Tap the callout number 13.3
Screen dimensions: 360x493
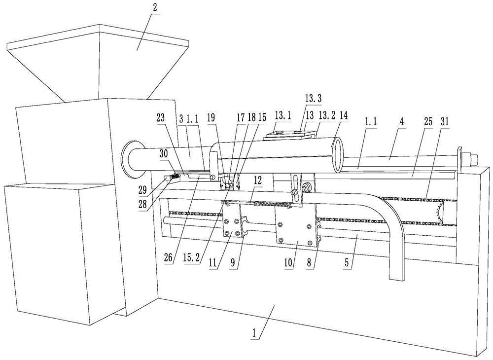tap(313, 99)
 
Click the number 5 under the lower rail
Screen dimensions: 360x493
tap(348, 263)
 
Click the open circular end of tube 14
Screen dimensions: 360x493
tap(338, 156)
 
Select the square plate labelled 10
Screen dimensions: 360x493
tap(294, 230)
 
